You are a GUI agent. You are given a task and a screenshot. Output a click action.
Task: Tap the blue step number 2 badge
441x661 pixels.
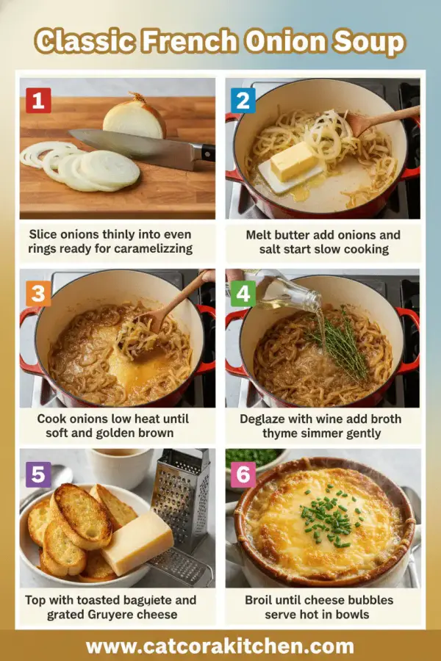click(243, 99)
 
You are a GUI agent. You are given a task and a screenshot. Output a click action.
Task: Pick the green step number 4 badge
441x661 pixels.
click(243, 295)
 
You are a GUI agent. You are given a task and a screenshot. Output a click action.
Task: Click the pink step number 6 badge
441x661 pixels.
click(243, 474)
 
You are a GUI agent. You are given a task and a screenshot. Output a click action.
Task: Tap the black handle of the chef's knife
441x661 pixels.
click(208, 152)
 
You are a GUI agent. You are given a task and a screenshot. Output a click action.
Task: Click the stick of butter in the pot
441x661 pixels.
click(294, 161)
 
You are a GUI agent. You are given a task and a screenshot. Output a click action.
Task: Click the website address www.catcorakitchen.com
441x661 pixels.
click(220, 646)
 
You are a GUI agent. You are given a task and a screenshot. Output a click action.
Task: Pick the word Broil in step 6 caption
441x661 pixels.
click(262, 600)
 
